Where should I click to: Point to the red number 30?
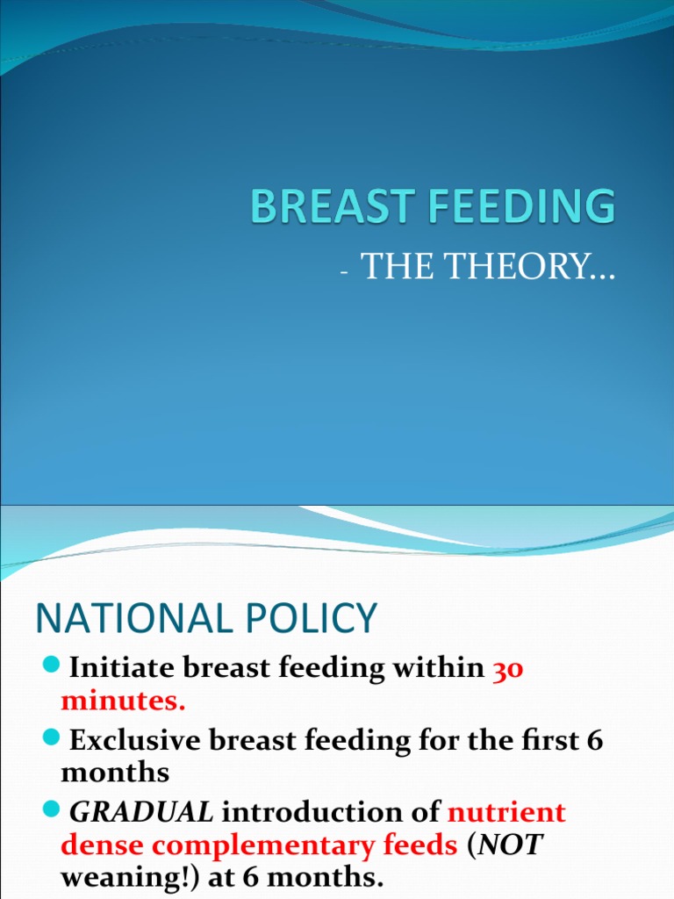[x=508, y=669]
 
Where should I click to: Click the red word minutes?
[x=123, y=701]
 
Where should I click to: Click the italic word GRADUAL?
[x=141, y=813]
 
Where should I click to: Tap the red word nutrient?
[x=507, y=813]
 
